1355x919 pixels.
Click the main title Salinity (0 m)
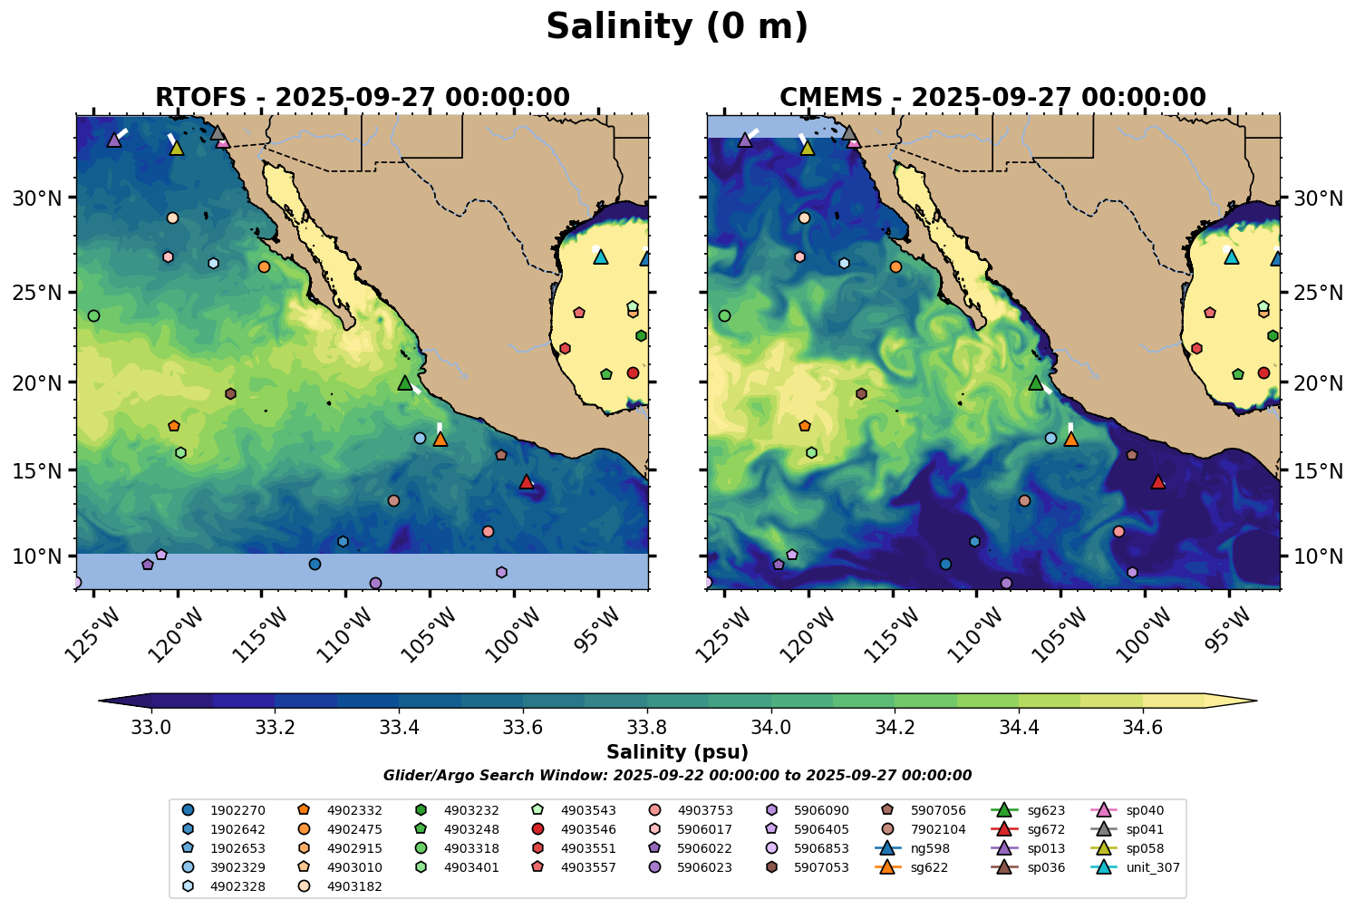point(677,27)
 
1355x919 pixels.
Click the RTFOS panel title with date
point(363,97)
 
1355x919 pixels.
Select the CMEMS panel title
point(992,97)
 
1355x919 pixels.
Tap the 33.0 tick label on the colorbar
point(151,727)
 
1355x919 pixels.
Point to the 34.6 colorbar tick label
point(1142,727)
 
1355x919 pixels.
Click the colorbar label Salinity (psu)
point(677,752)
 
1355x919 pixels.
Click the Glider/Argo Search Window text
point(677,776)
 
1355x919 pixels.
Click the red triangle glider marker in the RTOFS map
point(527,482)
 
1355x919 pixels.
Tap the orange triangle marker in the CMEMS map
point(1071,440)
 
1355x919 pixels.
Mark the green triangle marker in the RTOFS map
point(405,383)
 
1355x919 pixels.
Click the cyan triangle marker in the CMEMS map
point(1231,257)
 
